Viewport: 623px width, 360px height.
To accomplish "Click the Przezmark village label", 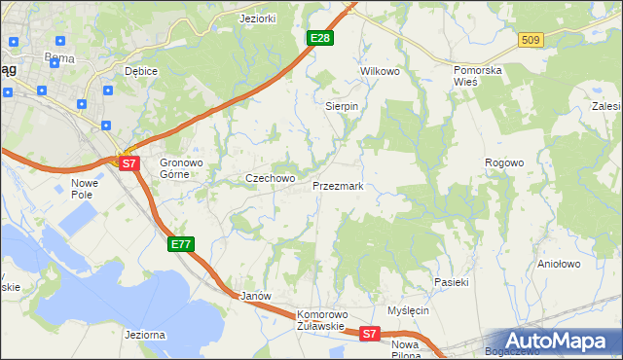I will tap(338, 185).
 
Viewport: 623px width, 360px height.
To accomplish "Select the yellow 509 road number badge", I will tap(530, 40).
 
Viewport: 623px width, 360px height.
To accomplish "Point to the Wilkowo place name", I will tap(381, 72).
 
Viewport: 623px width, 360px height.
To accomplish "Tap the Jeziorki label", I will tap(259, 18).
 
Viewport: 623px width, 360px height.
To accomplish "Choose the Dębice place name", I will tap(142, 72).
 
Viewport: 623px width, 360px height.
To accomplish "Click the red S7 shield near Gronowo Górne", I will tap(130, 163).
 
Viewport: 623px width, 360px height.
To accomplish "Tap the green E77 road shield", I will tap(181, 244).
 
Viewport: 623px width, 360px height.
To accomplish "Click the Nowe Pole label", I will tap(86, 189).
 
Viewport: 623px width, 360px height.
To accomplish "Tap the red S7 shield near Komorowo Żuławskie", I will tap(369, 334).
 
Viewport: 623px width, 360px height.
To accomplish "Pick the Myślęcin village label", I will tap(408, 310).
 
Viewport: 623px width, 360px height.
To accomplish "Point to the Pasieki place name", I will tap(452, 282).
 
